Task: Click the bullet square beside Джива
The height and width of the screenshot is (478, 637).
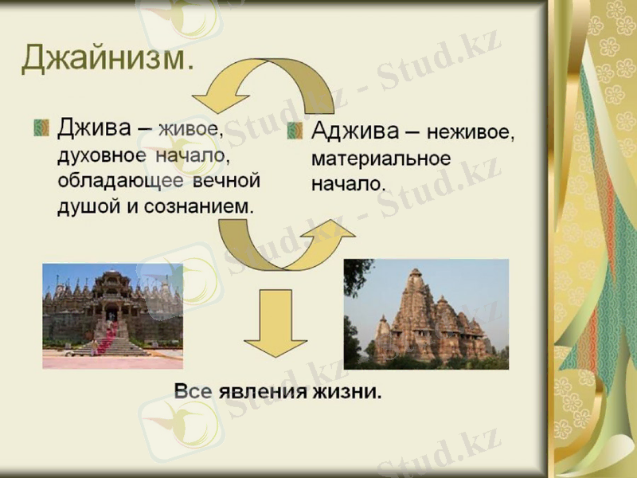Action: [x=41, y=127]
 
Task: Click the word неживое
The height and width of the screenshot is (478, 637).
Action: [x=470, y=131]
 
